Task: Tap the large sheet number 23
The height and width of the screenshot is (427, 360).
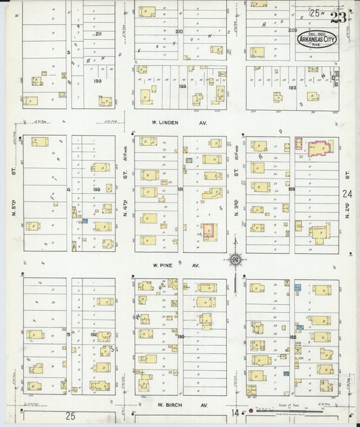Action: click(x=339, y=17)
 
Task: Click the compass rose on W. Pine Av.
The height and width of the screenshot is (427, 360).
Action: click(x=235, y=259)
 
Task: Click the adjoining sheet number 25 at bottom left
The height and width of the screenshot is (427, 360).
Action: click(x=71, y=415)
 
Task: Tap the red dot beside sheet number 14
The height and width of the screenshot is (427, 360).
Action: click(x=251, y=410)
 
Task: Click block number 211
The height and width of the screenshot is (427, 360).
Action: click(x=98, y=34)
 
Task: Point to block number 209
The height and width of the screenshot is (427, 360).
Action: click(x=292, y=31)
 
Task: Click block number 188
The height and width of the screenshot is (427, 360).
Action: click(x=292, y=336)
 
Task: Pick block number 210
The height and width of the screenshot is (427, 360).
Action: click(x=179, y=32)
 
